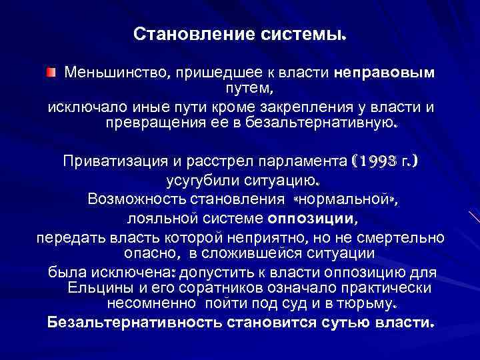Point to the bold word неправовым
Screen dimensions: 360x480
pos(385,72)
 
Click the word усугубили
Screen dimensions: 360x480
pos(199,181)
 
